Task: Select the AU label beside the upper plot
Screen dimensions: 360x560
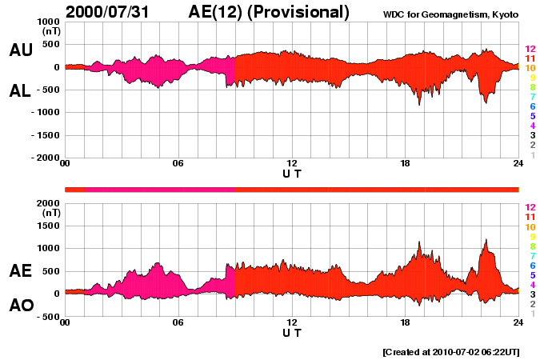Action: (20, 50)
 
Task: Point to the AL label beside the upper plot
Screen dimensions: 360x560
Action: (20, 91)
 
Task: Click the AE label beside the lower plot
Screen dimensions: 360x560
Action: (20, 270)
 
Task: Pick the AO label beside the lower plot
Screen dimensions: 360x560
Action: (20, 306)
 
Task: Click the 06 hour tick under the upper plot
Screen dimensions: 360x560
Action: (178, 164)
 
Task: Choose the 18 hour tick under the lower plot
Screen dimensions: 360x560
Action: (405, 322)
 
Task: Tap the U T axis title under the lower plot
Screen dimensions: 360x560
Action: (292, 331)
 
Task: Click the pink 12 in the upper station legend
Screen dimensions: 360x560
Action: (529, 49)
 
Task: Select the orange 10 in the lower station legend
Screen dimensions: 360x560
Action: (529, 227)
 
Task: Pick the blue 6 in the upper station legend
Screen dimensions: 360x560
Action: (532, 106)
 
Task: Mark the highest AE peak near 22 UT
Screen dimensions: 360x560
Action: (485, 239)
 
